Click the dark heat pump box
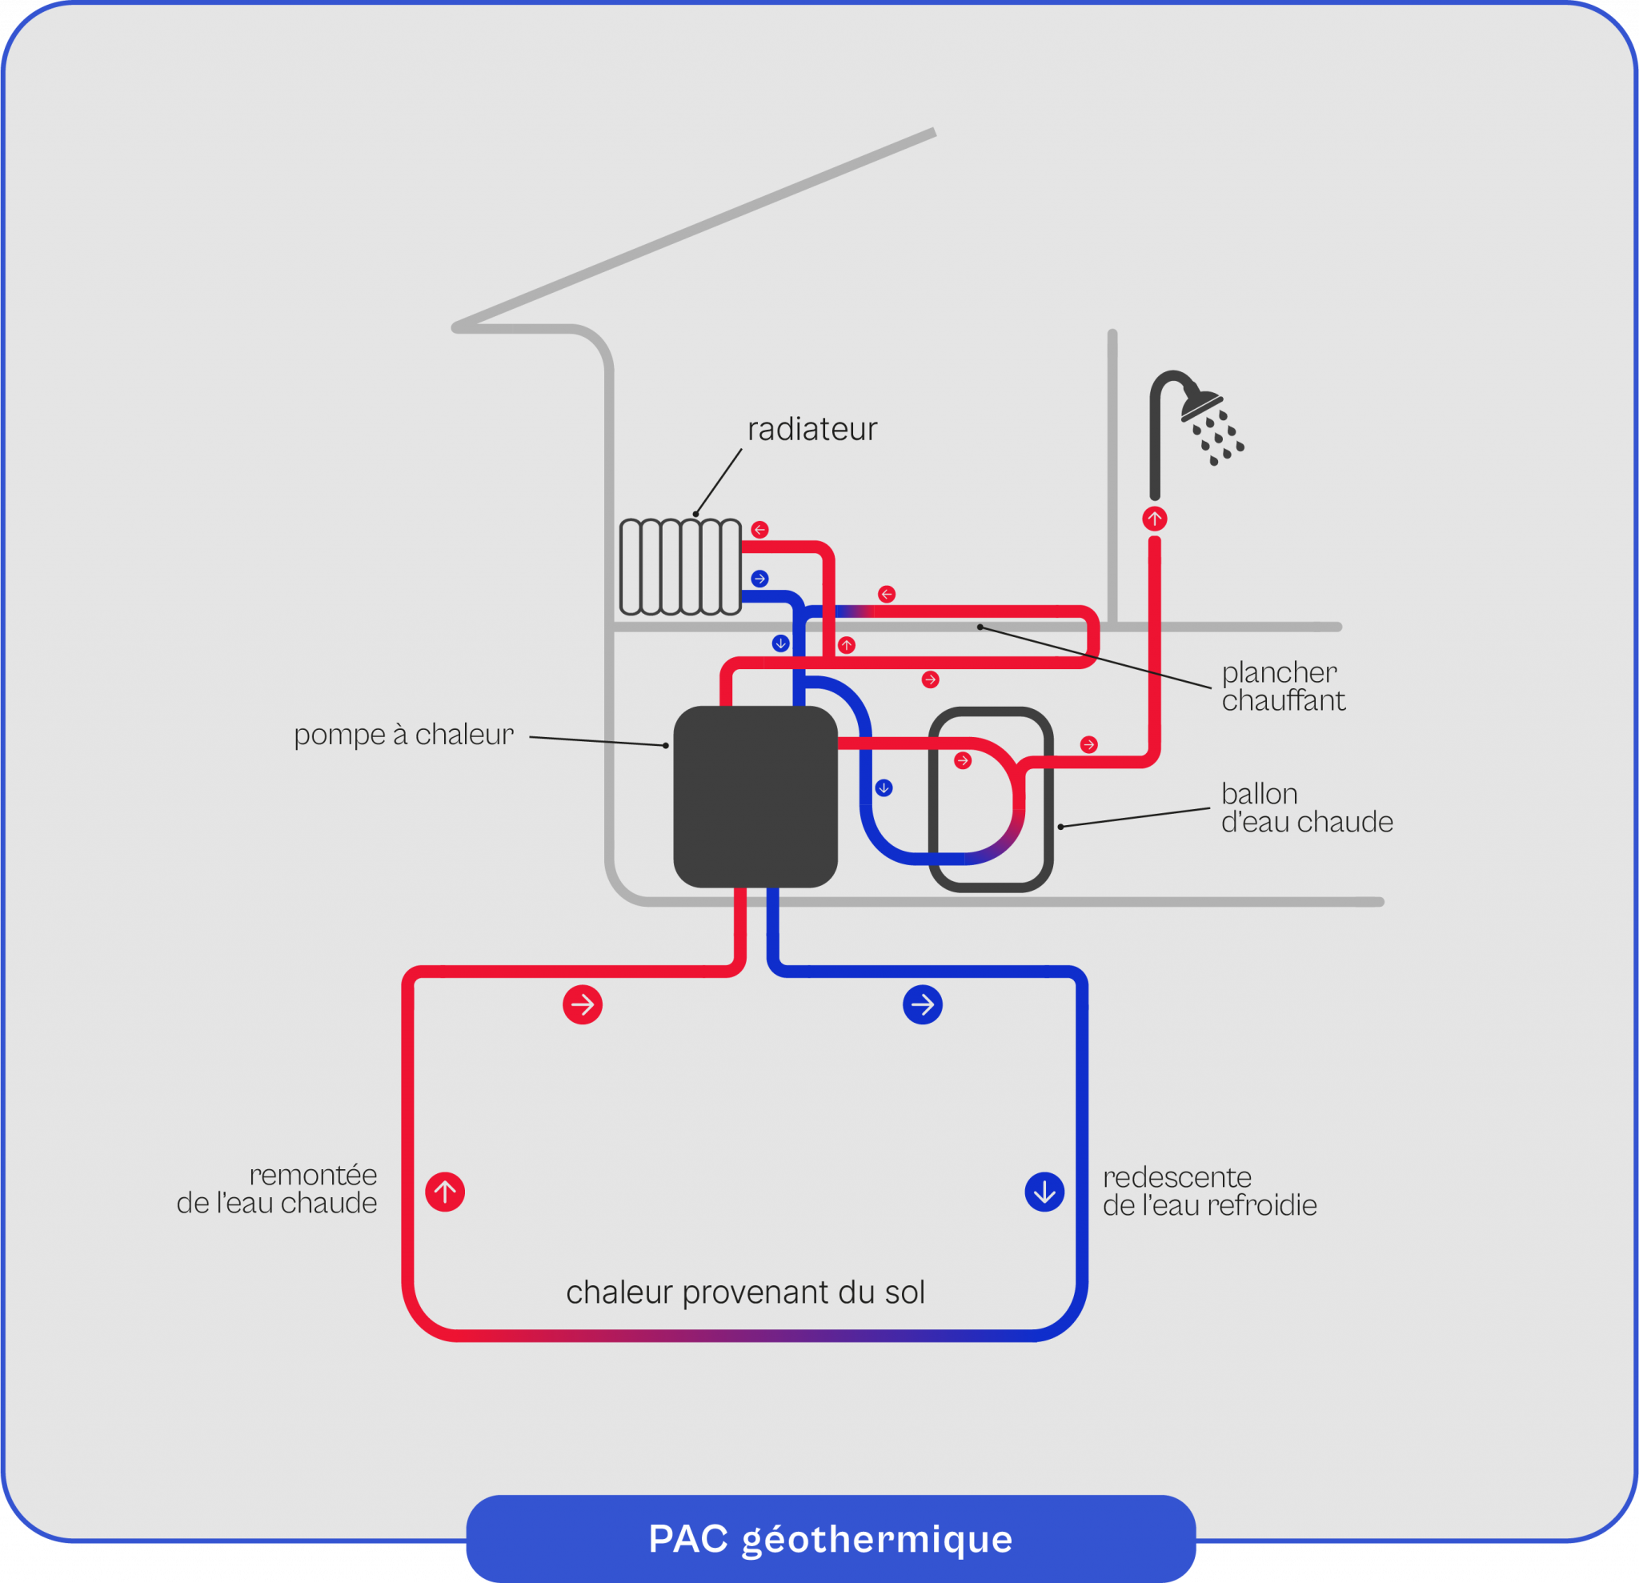pyautogui.click(x=755, y=796)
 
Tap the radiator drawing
pyautogui.click(x=680, y=566)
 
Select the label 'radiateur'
pyautogui.click(x=812, y=429)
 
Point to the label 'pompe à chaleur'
pyautogui.click(x=403, y=734)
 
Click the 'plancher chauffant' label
pyautogui.click(x=1284, y=686)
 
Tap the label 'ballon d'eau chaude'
pyautogui.click(x=1307, y=807)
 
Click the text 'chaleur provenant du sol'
pyautogui.click(x=745, y=1292)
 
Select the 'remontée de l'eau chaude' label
pyautogui.click(x=277, y=1188)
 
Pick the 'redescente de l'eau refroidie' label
pyautogui.click(x=1209, y=1191)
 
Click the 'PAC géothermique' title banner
pyautogui.click(x=831, y=1539)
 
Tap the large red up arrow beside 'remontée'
pyautogui.click(x=445, y=1192)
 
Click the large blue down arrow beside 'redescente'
pyautogui.click(x=1044, y=1192)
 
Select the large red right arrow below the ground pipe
pyautogui.click(x=583, y=1005)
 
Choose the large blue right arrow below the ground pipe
pyautogui.click(x=923, y=1005)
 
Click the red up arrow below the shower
pyautogui.click(x=1155, y=519)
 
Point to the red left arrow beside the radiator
pyautogui.click(x=759, y=529)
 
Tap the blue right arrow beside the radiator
pyautogui.click(x=759, y=578)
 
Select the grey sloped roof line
pyautogui.click(x=694, y=229)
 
